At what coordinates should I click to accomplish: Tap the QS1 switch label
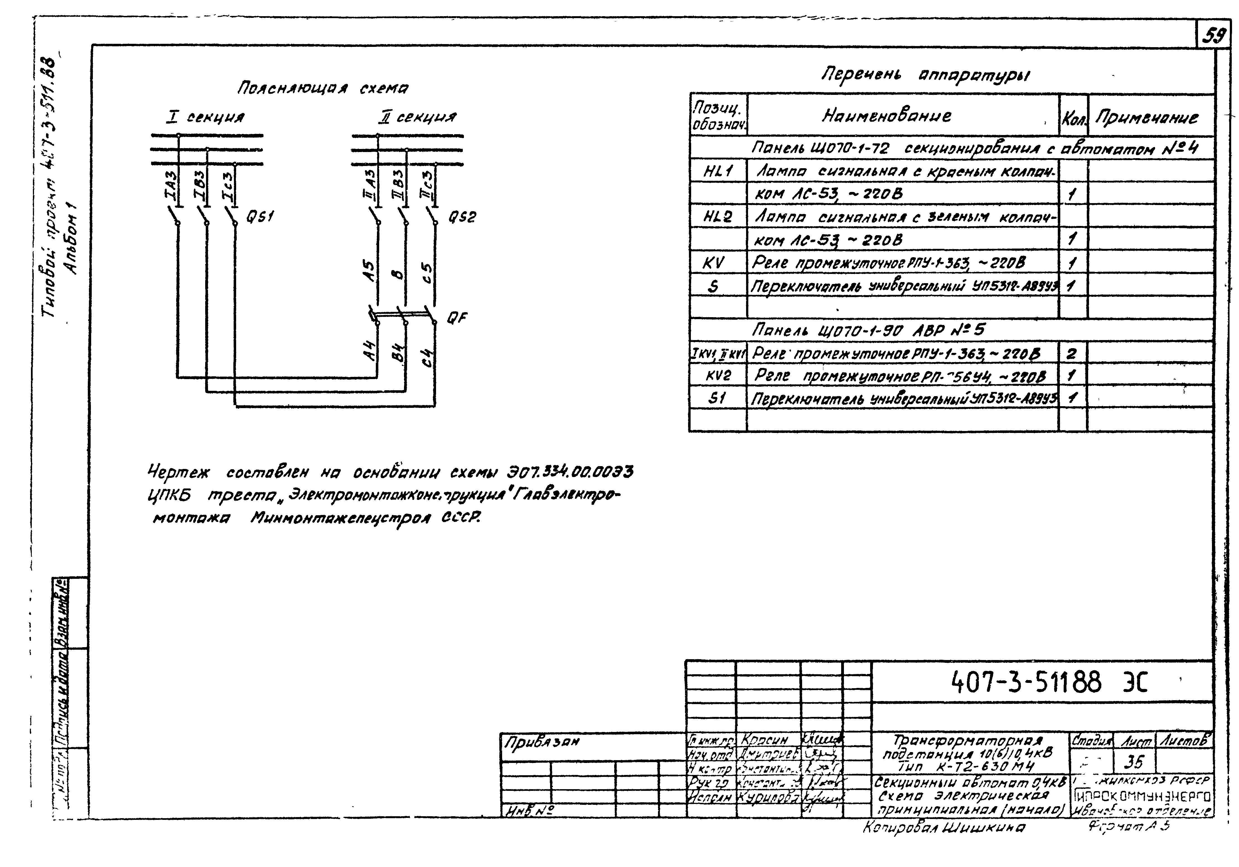pyautogui.click(x=260, y=216)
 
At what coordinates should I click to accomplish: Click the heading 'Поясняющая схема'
pyautogui.click(x=323, y=88)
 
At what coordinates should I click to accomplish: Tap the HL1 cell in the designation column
pyautogui.click(x=718, y=172)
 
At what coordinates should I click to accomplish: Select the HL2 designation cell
pyautogui.click(x=718, y=217)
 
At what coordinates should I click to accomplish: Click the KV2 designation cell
pyautogui.click(x=718, y=375)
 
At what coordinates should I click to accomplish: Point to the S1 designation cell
pyautogui.click(x=717, y=398)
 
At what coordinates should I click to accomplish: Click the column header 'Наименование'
pyautogui.click(x=887, y=115)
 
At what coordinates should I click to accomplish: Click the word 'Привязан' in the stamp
pyautogui.click(x=541, y=742)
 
